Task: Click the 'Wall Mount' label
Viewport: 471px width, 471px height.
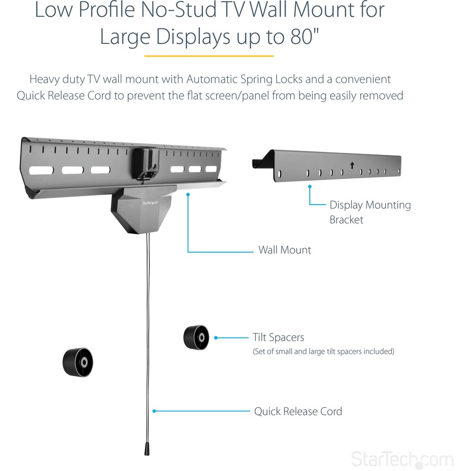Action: tap(284, 250)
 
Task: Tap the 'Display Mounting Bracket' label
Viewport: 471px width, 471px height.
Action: tap(369, 212)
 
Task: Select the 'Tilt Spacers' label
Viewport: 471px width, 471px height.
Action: tap(278, 338)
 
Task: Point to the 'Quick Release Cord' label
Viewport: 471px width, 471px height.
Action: tap(298, 411)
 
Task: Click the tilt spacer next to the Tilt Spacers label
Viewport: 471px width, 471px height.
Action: tap(196, 338)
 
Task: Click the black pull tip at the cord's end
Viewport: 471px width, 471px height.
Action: tap(148, 449)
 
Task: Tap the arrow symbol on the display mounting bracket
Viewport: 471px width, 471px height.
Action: tap(352, 165)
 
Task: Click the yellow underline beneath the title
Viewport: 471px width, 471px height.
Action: tap(209, 55)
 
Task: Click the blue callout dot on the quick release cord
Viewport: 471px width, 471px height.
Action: tap(153, 411)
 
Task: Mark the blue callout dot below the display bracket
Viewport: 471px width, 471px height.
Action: tap(310, 186)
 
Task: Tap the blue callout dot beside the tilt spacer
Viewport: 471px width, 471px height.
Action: tap(216, 338)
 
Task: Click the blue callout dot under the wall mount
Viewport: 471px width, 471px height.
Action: tap(187, 194)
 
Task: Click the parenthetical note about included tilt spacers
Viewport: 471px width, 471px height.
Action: tap(323, 351)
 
